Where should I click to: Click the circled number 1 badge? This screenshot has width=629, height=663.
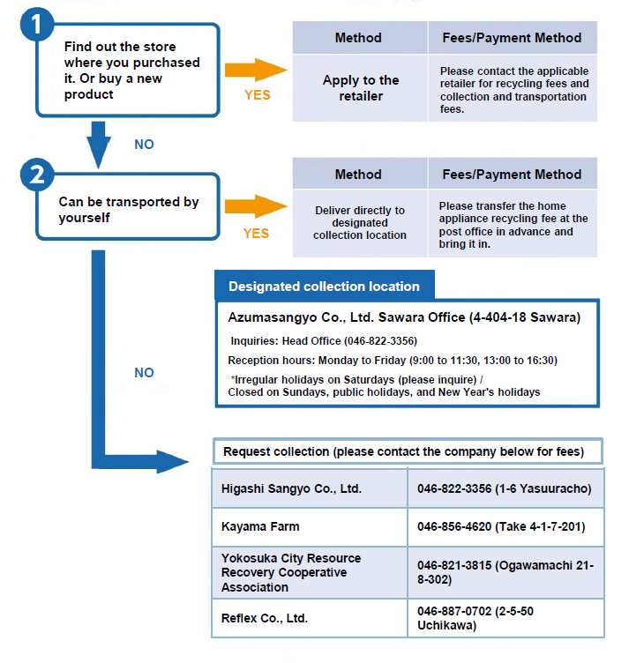35,24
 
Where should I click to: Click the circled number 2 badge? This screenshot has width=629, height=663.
35,175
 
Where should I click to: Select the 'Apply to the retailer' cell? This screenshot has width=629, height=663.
360,87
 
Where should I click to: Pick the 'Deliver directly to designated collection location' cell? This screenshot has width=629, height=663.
360,222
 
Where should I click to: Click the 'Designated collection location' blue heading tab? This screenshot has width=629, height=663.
324,287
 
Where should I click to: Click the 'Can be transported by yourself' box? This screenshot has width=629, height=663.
129,209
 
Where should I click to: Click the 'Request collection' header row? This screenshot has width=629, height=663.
408,451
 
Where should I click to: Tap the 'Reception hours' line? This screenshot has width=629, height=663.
393,360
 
